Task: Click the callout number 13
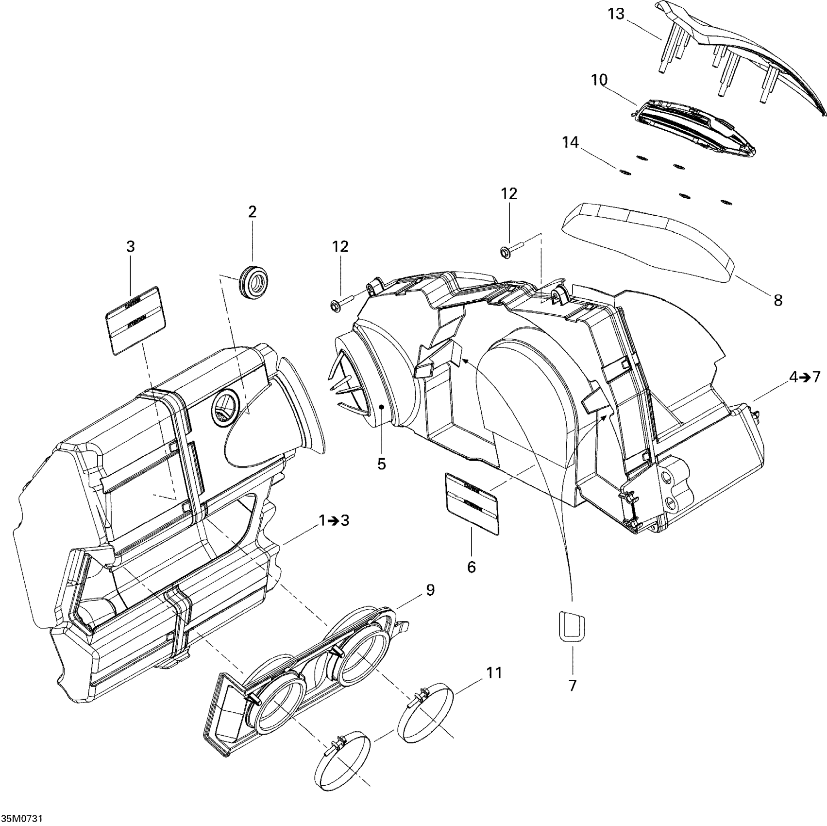pos(616,15)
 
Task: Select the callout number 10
pos(599,79)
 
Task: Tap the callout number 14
pos(571,143)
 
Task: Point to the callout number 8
pos(778,300)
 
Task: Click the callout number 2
pos(253,212)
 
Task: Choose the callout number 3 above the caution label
pos(130,247)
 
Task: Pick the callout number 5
pos(382,464)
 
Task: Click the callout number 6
pos(472,567)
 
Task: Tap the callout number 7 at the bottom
pos(573,686)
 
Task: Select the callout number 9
pos(430,590)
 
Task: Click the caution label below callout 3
pos(135,319)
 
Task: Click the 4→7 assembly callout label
pos(804,377)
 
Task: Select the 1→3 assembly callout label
pos(334,520)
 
